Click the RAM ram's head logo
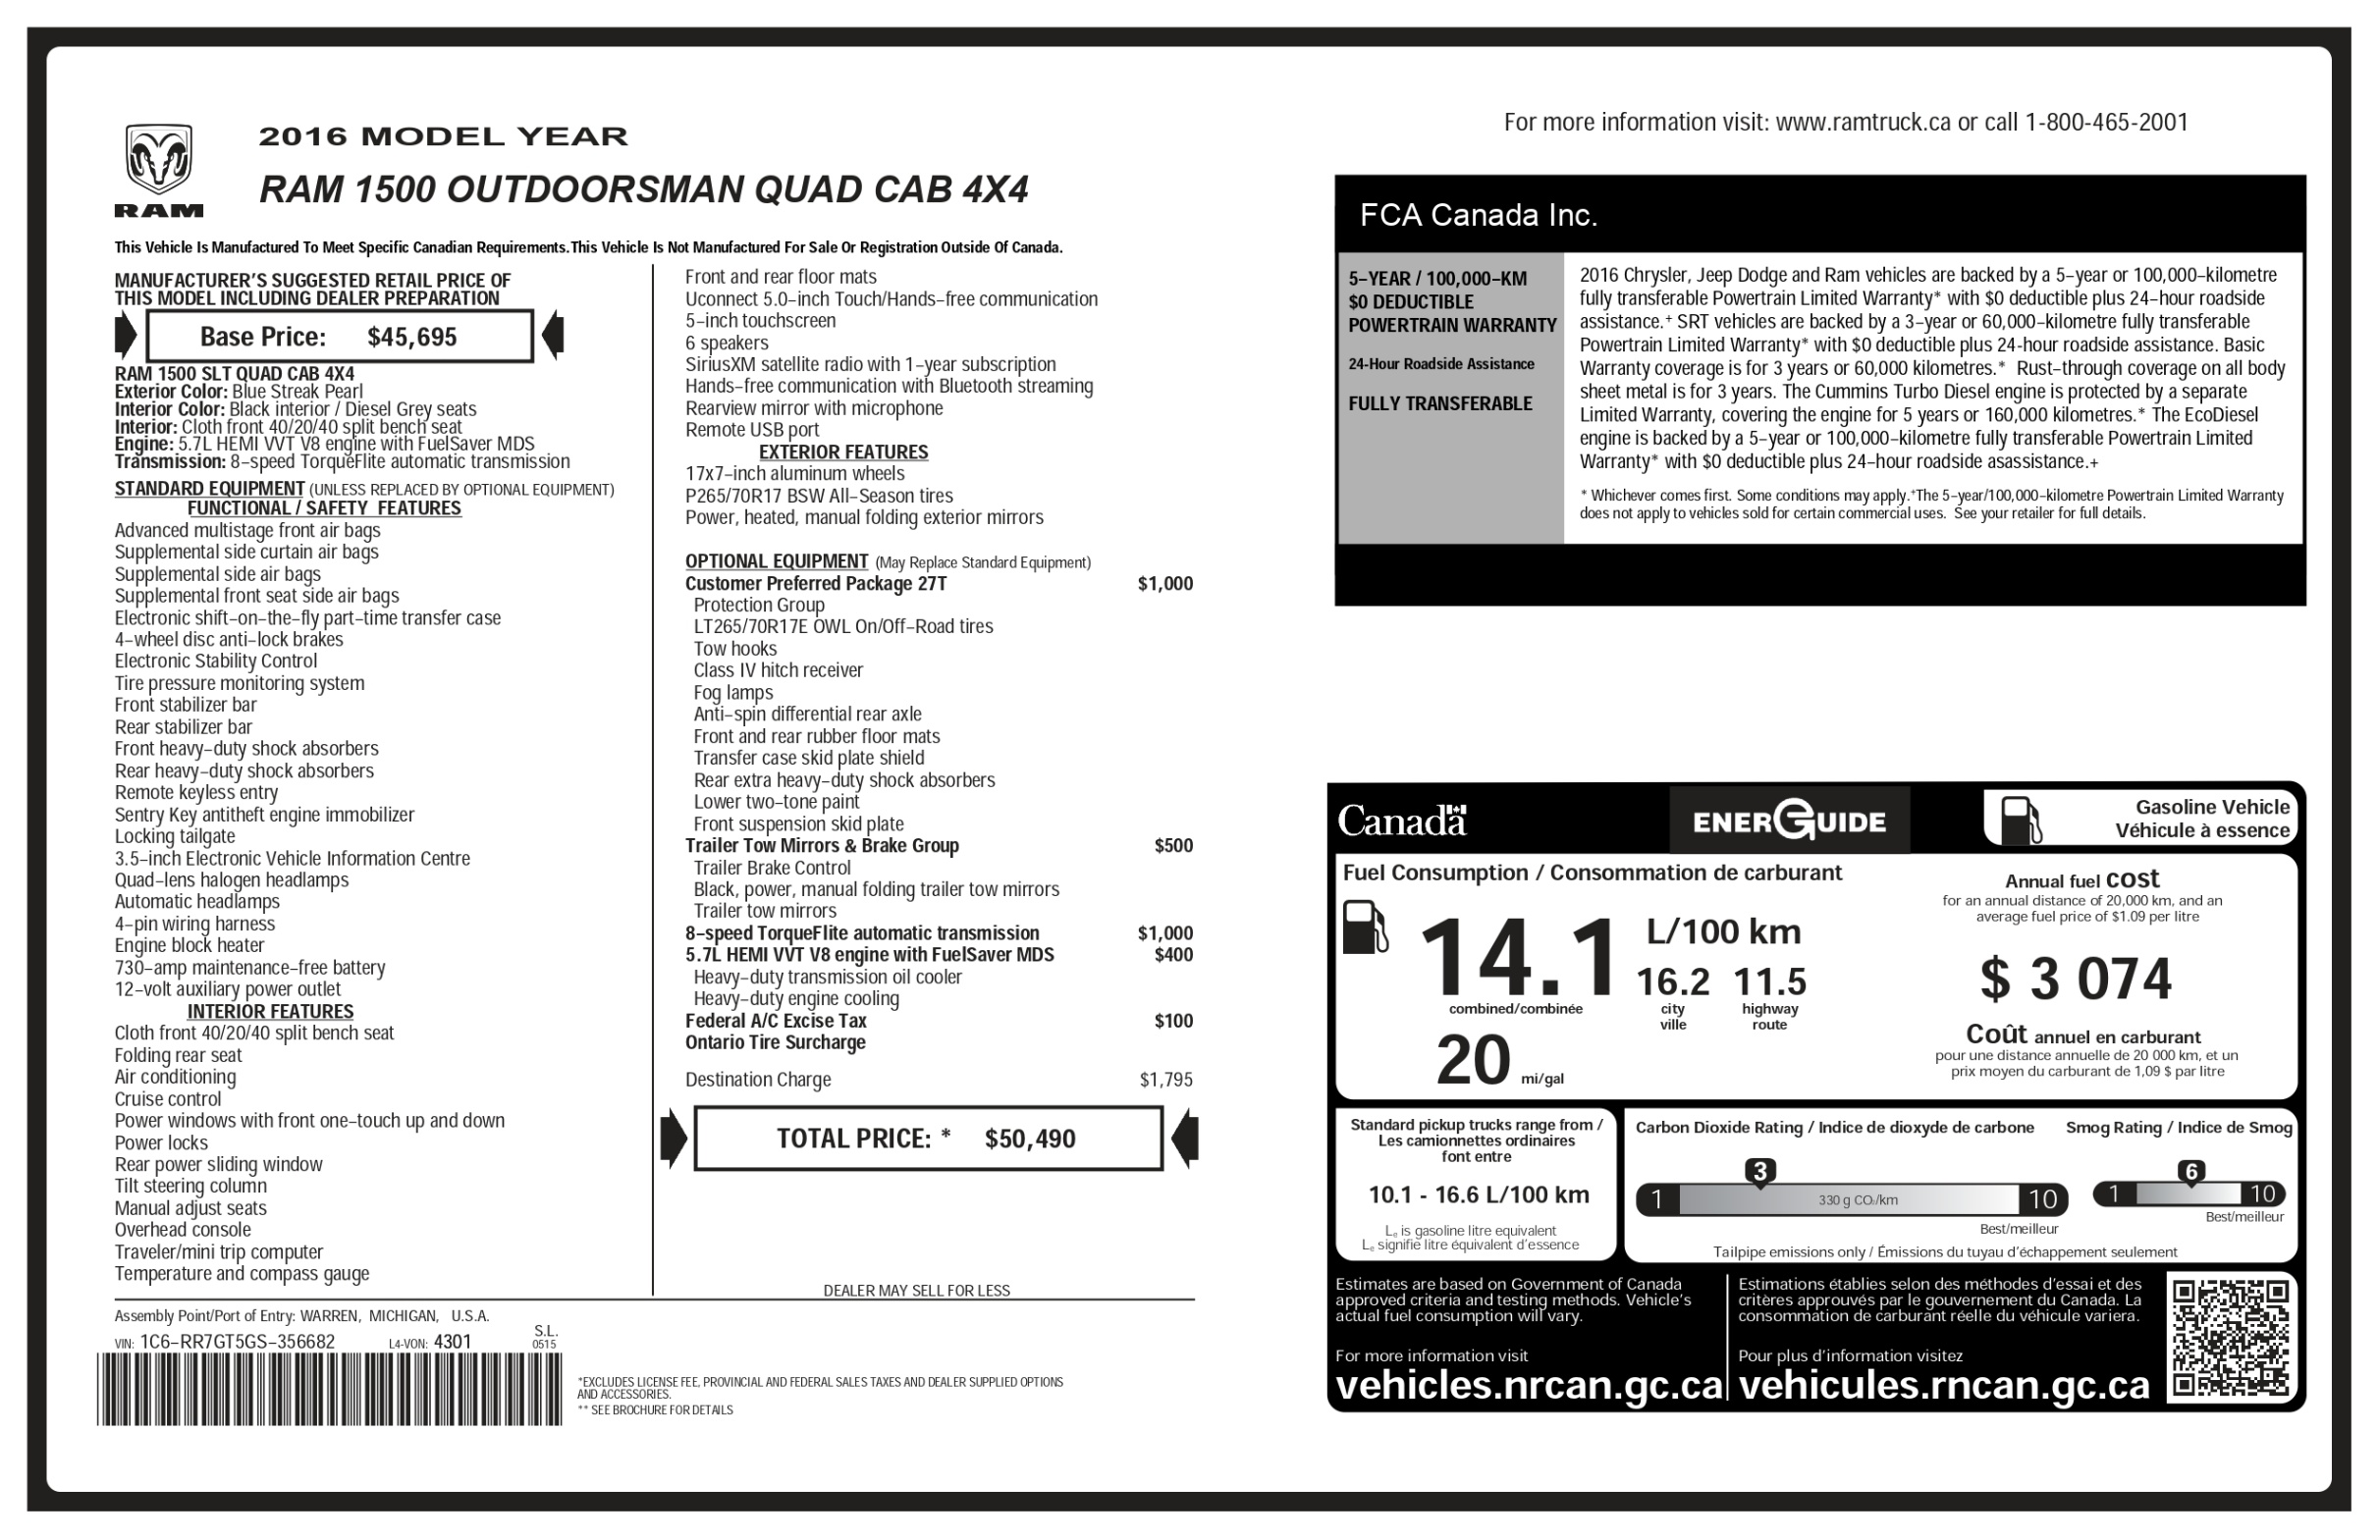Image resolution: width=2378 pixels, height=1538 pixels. coord(158,160)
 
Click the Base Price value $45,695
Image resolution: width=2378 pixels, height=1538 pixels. coord(411,337)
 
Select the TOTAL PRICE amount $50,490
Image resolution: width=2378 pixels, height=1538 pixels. coord(1029,1139)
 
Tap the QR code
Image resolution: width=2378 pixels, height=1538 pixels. coord(2231,1336)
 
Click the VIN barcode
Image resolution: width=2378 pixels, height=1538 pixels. coord(330,1388)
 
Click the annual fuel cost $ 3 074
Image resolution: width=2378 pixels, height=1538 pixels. coord(2076,979)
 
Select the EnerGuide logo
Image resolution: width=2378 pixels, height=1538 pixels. coord(1789,821)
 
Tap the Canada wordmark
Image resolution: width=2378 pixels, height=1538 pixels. coord(1401,821)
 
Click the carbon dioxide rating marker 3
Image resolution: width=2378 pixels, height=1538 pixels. coord(1759,1171)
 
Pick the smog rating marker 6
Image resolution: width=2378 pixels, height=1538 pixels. coord(2190,1171)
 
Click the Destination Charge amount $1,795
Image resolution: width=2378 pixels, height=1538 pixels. coord(1165,1080)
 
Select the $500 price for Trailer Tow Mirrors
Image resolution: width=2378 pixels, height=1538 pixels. coord(1173,846)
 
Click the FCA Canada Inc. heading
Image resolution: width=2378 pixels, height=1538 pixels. coord(1478,215)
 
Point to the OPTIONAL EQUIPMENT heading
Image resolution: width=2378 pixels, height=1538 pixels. coord(776,561)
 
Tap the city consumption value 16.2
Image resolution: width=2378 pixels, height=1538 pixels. coord(1672,982)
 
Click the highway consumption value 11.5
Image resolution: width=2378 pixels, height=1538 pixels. coord(1768,982)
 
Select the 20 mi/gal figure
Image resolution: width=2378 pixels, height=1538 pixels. coord(1473,1061)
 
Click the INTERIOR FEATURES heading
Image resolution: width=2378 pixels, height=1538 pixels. coord(270,1011)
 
